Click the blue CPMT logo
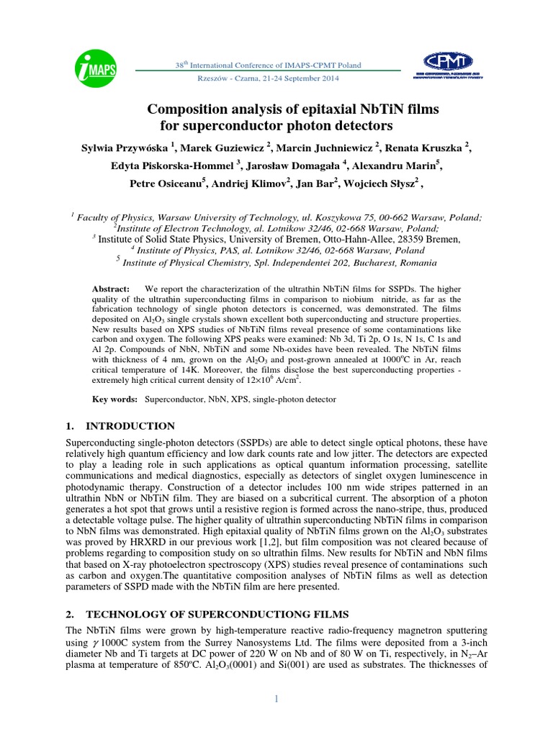(x=449, y=64)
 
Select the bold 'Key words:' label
(x=114, y=398)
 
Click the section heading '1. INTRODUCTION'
(x=120, y=426)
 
